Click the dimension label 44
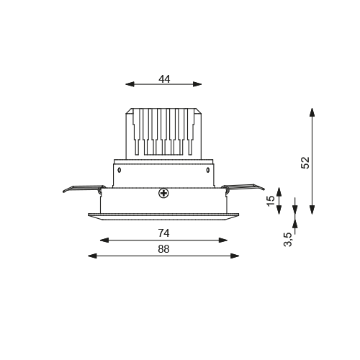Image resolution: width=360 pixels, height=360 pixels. [x=164, y=78]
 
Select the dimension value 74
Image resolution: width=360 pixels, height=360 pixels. [x=163, y=233]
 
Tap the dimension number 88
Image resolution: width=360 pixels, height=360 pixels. [x=163, y=249]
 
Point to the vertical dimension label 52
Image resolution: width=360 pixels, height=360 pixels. [x=305, y=163]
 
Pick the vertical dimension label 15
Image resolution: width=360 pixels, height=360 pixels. [x=271, y=200]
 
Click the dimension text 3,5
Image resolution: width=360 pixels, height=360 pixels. [x=288, y=239]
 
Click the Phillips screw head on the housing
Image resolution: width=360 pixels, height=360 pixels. [x=163, y=193]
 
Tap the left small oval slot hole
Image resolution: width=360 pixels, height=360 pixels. [x=119, y=170]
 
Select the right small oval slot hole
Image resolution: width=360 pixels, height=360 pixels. [x=208, y=170]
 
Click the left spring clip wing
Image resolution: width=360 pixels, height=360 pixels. [x=83, y=189]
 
